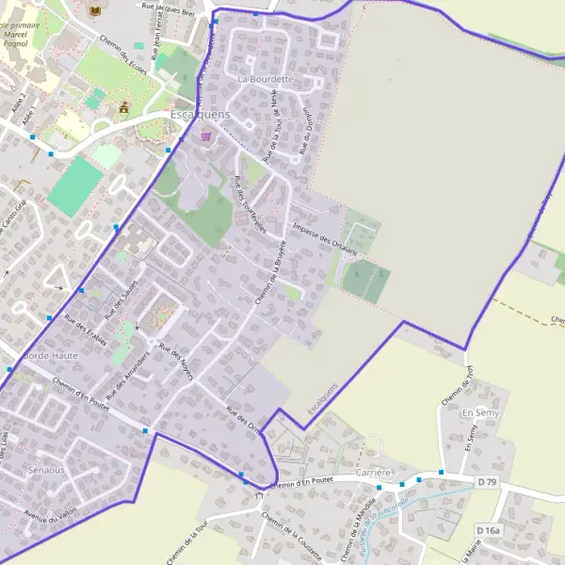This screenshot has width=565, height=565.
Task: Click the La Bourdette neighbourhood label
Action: pyautogui.click(x=266, y=79)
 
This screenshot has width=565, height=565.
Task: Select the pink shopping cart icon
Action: pyautogui.click(x=206, y=137)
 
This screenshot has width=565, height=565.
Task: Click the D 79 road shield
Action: pyautogui.click(x=486, y=482)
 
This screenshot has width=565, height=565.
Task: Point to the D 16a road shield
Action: pyautogui.click(x=488, y=531)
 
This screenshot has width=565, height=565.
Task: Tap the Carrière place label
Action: pyautogui.click(x=374, y=472)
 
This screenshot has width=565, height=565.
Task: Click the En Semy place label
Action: pyautogui.click(x=480, y=413)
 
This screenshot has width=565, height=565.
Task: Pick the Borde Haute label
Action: pyautogui.click(x=50, y=356)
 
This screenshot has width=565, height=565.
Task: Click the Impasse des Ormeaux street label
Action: pyautogui.click(x=326, y=239)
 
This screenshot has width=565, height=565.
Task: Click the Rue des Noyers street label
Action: pyautogui.click(x=176, y=363)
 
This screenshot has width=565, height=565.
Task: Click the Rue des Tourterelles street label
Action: pyautogui.click(x=250, y=204)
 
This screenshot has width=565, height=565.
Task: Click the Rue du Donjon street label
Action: pyautogui.click(x=306, y=132)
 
